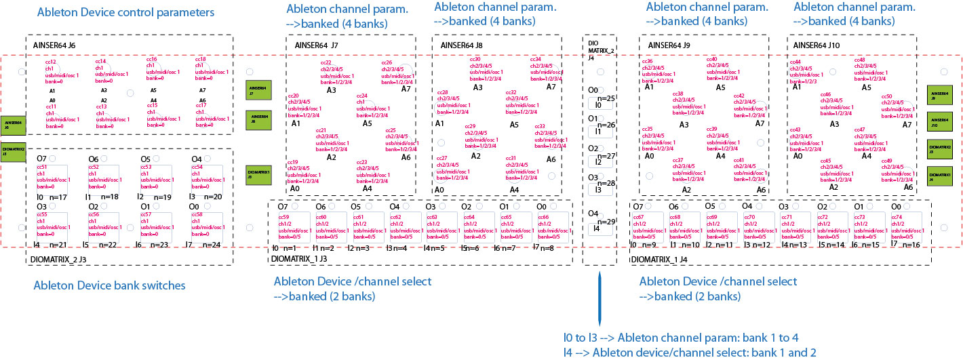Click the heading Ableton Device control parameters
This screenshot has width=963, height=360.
pos(125,12)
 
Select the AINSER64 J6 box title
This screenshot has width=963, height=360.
pos(54,45)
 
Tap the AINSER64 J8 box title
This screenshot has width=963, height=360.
pos(461,46)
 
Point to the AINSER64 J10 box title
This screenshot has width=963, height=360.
pos(817,45)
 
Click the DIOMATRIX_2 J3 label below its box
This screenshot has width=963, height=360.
pos(59,259)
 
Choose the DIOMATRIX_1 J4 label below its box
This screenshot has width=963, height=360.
pos(665,259)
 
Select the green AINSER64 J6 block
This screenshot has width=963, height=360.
pos(13,123)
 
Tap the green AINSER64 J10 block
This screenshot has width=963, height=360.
pos(940,121)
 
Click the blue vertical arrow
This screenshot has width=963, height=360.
pos(600,298)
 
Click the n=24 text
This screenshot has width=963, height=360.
pos(211,244)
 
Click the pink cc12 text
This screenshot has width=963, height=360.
pos(50,62)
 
